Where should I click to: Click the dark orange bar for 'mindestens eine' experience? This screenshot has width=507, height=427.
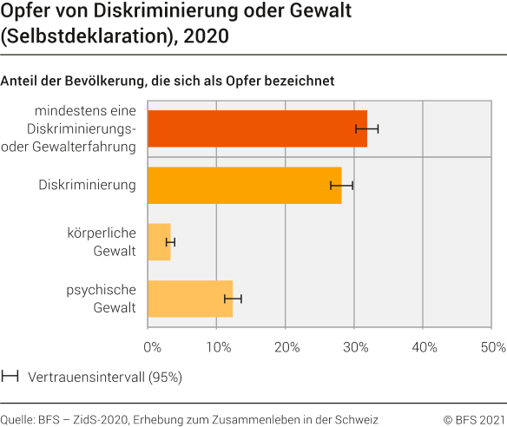tap(257, 128)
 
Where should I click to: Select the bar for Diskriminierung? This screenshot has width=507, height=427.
tap(244, 185)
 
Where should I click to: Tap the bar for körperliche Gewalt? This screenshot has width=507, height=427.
tap(159, 242)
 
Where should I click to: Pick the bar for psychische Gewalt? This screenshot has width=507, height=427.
tap(190, 299)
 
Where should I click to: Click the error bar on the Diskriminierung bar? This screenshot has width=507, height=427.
tap(341, 185)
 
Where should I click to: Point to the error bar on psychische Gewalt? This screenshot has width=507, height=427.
tap(233, 299)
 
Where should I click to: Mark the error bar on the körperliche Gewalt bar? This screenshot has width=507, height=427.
tap(170, 242)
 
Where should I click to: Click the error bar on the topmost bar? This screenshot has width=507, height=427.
tap(366, 128)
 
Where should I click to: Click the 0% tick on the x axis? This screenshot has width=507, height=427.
tap(152, 347)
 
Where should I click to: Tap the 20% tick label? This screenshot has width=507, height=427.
tap(286, 347)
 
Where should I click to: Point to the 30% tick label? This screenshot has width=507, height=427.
tap(355, 347)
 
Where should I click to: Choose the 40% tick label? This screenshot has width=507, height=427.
tap(424, 347)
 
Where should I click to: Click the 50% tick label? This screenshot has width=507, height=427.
tap(492, 347)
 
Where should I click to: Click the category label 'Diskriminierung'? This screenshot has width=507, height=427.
tap(88, 185)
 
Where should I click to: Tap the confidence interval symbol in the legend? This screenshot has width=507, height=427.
tap(10, 377)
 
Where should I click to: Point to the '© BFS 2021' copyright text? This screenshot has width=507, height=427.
tap(473, 418)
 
